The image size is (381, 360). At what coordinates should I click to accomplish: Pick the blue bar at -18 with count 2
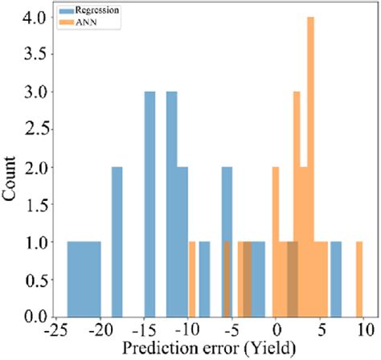click(117, 241)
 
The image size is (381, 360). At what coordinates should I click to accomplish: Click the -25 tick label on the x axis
click(56, 329)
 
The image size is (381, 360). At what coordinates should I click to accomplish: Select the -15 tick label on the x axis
click(144, 329)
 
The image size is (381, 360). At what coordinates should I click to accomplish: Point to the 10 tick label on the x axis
click(364, 329)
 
